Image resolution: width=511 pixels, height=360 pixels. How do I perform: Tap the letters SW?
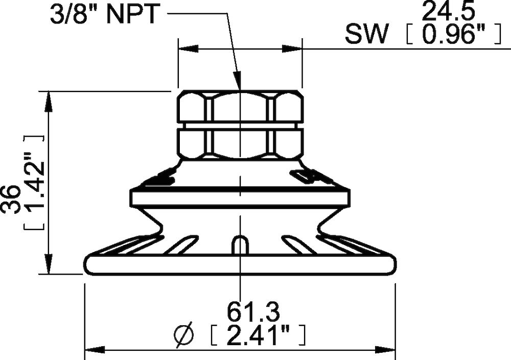click(x=367, y=35)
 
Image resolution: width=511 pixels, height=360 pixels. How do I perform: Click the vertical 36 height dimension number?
click(x=11, y=199)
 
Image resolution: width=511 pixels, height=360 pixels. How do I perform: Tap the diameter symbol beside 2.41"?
click(x=183, y=335)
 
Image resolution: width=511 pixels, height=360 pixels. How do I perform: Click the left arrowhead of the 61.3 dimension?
click(x=95, y=350)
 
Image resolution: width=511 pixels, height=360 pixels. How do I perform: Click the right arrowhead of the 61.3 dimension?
click(x=385, y=350)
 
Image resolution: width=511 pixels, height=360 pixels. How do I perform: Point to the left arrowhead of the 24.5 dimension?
click(x=188, y=50)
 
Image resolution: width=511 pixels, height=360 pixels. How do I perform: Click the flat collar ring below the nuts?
click(x=240, y=197)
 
